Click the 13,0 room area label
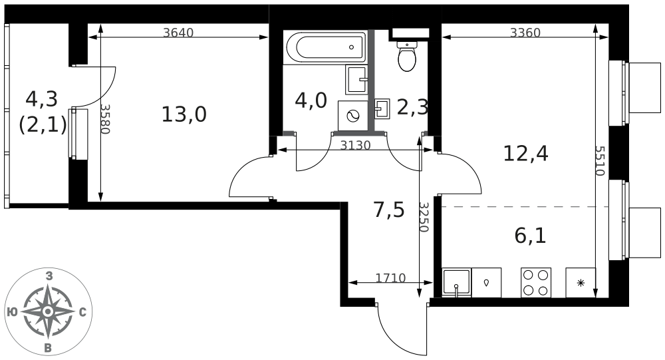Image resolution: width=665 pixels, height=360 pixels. tap(184, 114)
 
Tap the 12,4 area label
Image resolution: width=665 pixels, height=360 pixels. tap(525, 153)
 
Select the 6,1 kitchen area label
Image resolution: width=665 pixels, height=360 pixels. tap(530, 236)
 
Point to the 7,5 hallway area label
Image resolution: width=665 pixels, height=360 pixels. tap(389, 210)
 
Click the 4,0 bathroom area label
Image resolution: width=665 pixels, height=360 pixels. tap(311, 101)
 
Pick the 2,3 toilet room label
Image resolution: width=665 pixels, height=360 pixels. tap(412, 107)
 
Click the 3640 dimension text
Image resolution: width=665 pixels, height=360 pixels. tap(178, 32)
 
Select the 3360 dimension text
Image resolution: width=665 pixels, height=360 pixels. tap(525, 32)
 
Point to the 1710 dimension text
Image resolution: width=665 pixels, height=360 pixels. tap(390, 278)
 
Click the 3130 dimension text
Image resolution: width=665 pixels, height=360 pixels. tap(355, 146)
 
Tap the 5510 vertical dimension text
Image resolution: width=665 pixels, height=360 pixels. tap(599, 161)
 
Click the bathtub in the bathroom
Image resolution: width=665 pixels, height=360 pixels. tap(326, 47)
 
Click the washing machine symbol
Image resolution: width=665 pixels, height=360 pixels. tap(353, 116)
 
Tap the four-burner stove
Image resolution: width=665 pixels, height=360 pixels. tap(536, 282)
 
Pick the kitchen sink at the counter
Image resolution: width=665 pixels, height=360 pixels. tap(456, 282)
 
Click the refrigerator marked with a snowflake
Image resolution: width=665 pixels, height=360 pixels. tap(581, 282)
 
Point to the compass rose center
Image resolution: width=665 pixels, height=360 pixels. tap(48, 312)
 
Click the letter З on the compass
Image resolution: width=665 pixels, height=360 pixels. tap(49, 277)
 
